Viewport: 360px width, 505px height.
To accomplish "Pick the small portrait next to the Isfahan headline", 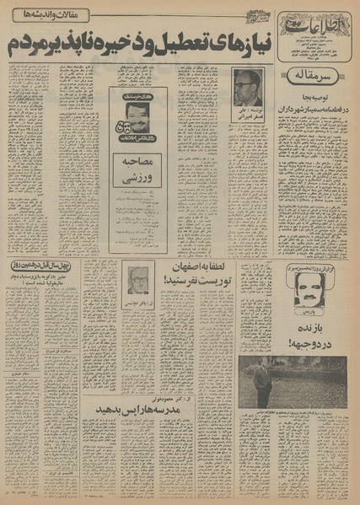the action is (138, 280).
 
